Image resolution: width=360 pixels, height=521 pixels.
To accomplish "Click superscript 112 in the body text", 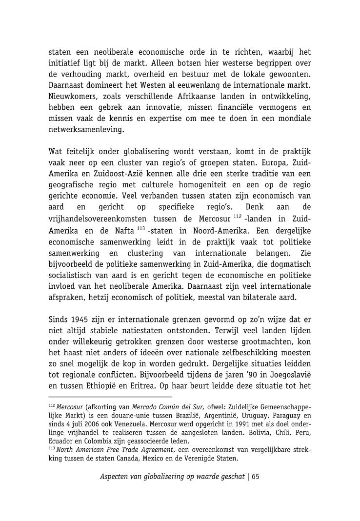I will (238, 217).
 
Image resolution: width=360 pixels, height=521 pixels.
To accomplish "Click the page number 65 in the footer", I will (256, 477).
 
